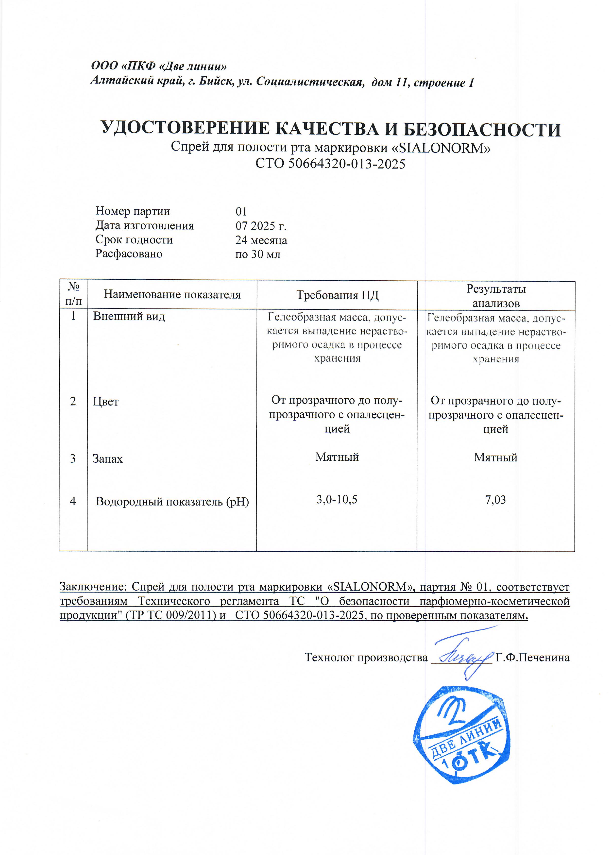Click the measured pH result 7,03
point(495,500)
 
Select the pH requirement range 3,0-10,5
point(337,500)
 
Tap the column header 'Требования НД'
point(337,295)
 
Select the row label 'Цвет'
point(106,402)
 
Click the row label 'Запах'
point(108,459)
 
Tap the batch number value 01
point(241,211)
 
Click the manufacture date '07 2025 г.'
point(261,226)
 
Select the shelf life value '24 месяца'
point(261,240)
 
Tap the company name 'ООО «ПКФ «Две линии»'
point(159,66)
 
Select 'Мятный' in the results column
point(495,457)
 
